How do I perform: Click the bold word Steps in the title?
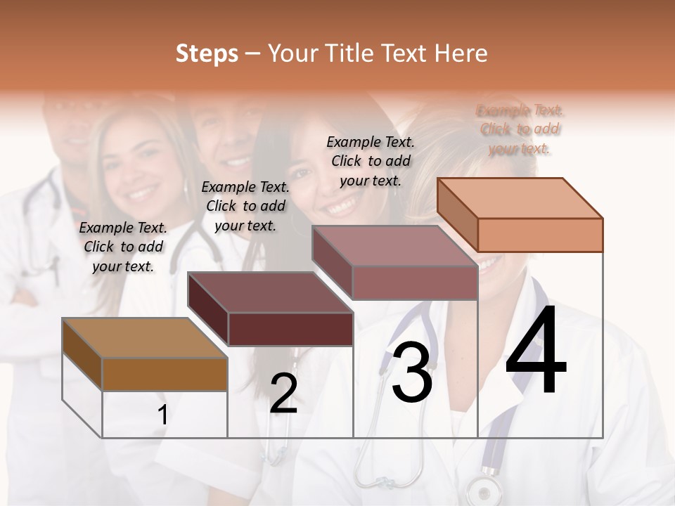pos(207,53)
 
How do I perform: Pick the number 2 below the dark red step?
pos(283,394)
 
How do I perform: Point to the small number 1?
pos(163,415)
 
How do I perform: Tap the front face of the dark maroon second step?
pos(290,329)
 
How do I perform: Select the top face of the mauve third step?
pos(394,246)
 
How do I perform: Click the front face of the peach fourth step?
pos(540,235)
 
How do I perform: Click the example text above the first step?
pos(123,247)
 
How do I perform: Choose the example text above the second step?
pos(245,206)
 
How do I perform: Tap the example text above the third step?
pos(371,161)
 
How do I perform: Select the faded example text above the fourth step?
pos(520,129)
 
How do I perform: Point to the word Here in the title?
pos(461,53)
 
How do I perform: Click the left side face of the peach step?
pos(457,214)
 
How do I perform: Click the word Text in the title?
pos(404,53)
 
